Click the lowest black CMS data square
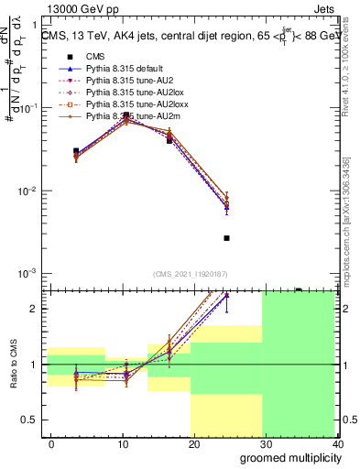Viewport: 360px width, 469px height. tap(226, 238)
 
